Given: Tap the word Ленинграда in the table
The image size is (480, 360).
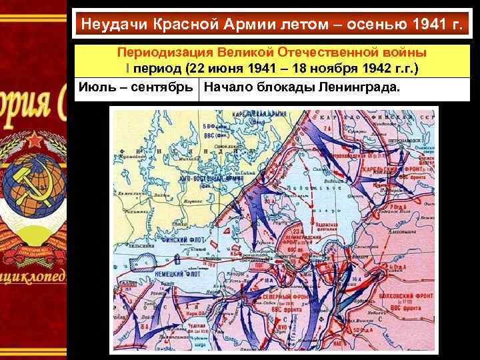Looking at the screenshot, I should click(360, 86).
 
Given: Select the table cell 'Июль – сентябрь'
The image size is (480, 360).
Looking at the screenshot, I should click(136, 86).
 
